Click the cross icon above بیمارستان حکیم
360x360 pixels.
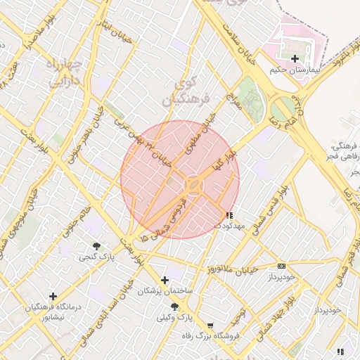click(294, 59)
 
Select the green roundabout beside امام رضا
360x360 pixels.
click(283, 109)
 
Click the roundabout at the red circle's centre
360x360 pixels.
click(193, 186)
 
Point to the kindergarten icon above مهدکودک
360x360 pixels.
click(229, 214)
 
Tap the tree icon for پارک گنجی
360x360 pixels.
click(96, 246)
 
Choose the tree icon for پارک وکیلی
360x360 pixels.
click(174, 307)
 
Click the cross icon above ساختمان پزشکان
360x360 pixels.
click(165, 280)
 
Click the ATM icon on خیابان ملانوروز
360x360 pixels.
click(281, 266)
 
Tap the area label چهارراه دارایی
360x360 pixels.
click(65, 74)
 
